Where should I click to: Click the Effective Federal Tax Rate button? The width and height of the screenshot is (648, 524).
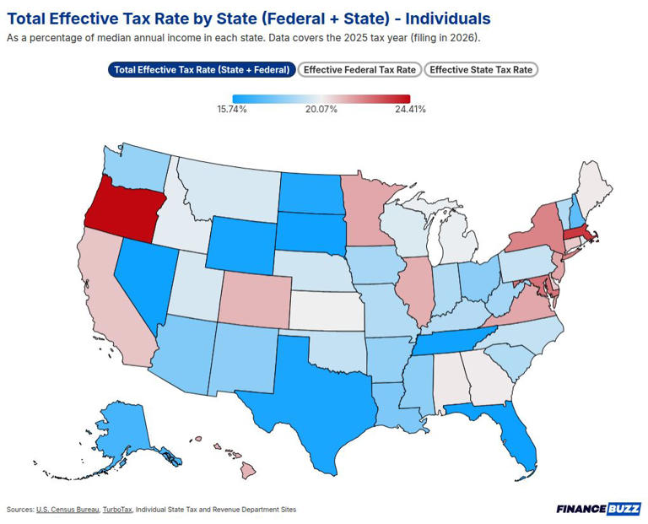(x=359, y=70)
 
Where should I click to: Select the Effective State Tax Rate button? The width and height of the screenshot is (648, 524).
(x=481, y=70)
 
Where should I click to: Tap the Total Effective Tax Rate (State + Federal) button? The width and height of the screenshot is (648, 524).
(x=202, y=70)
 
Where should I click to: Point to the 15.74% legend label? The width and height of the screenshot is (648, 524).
(x=232, y=110)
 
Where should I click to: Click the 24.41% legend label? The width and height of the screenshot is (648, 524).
(x=409, y=110)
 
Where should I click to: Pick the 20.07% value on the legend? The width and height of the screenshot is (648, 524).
(x=321, y=110)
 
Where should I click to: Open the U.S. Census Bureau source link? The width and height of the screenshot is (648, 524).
(x=67, y=510)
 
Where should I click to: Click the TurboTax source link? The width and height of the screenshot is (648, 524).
(x=116, y=510)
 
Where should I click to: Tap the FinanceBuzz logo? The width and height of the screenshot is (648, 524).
(x=598, y=509)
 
